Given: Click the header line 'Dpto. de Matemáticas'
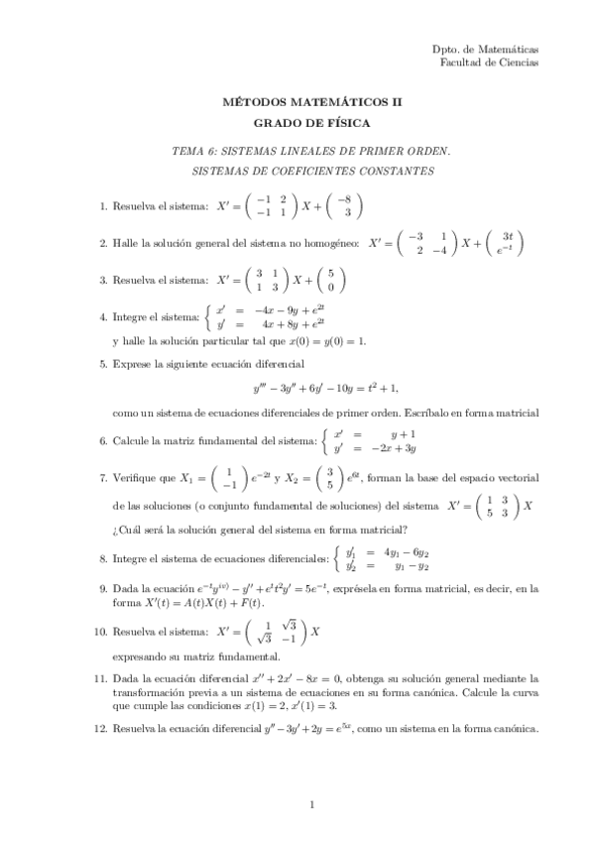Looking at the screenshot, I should pos(486,49).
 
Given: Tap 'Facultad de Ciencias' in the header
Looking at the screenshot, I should pos(489,61).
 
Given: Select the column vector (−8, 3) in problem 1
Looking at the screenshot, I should pos(346,206).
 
